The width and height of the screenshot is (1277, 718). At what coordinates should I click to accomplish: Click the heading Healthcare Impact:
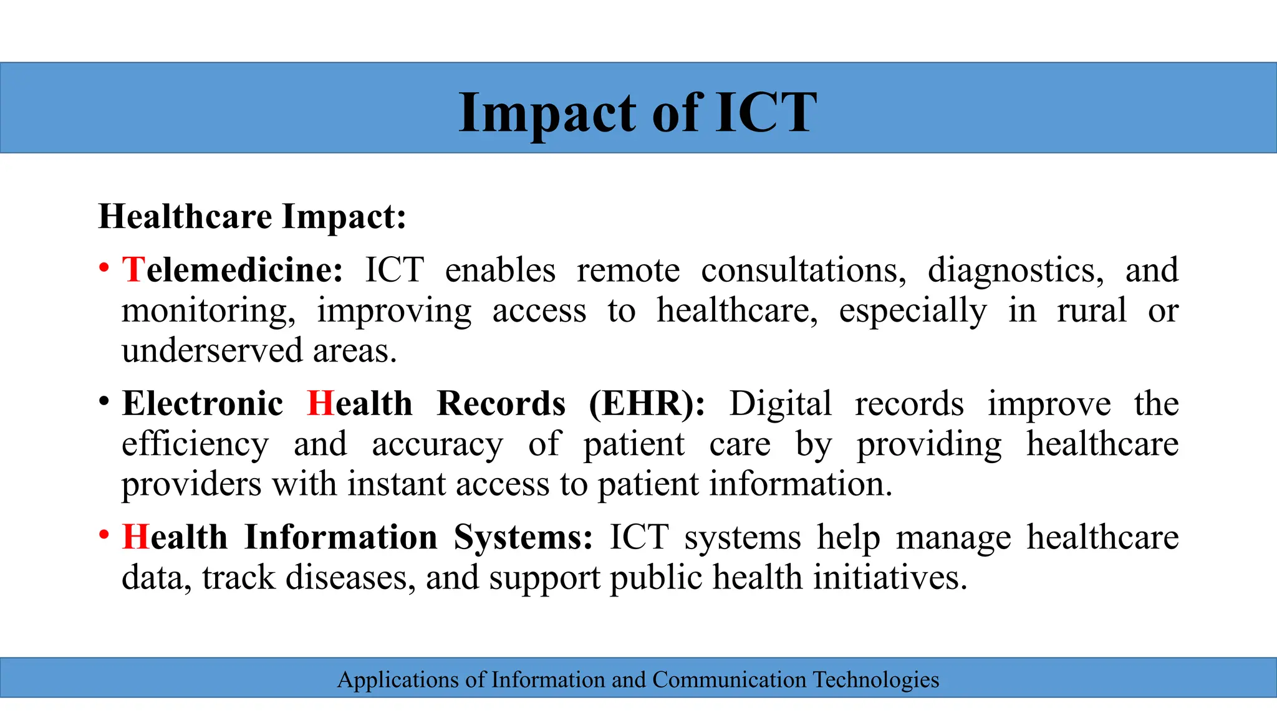(252, 217)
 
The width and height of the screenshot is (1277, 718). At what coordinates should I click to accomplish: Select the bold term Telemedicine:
(233, 270)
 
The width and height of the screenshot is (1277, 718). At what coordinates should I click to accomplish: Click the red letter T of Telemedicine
(133, 270)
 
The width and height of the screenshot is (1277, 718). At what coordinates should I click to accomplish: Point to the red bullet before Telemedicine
(104, 269)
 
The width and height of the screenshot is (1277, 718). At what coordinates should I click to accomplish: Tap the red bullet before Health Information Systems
(104, 535)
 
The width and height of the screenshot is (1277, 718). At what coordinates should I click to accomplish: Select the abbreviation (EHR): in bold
(647, 403)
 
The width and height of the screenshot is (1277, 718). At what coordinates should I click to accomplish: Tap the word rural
(1091, 310)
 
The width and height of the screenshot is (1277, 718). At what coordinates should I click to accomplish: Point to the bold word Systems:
(523, 537)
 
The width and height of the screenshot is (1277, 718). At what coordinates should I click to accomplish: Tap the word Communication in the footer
(730, 679)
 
